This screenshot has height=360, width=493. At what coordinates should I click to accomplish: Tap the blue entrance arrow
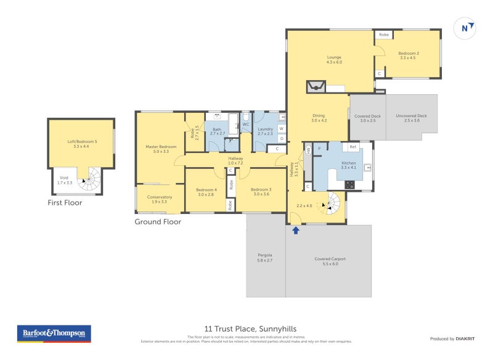point(295,230)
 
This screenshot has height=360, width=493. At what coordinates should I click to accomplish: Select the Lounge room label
point(334,60)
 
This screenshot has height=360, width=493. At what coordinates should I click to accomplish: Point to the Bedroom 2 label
point(409,55)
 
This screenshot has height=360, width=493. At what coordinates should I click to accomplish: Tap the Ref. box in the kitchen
point(353,147)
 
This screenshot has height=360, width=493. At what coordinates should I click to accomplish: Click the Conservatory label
point(159,198)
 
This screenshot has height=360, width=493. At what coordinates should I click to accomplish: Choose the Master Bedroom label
point(161,149)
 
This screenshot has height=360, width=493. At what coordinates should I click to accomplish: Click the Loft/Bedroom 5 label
point(82,144)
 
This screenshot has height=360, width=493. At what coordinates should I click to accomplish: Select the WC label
point(245,124)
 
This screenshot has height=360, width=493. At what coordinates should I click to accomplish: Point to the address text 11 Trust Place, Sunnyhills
point(255,329)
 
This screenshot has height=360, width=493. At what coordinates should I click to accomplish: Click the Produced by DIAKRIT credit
point(455,338)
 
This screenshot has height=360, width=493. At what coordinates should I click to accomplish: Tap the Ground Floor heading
point(158,221)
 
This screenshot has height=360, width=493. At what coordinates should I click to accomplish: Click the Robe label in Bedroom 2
point(383,35)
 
